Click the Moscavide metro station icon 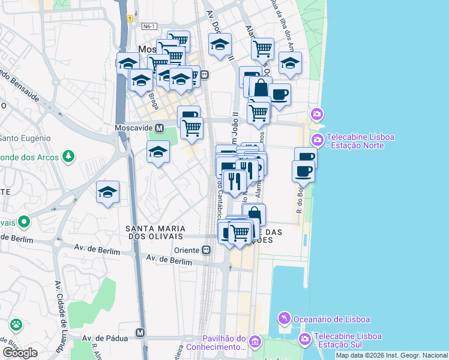(x=159, y=128)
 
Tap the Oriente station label (x=187, y=250)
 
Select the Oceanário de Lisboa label (x=331, y=319)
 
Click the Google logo (x=20, y=353)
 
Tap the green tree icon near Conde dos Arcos (x=69, y=157)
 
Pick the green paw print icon (x=16, y=326)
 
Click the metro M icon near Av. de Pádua (x=140, y=332)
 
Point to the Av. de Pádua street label (x=105, y=338)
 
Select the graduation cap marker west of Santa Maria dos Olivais (x=107, y=192)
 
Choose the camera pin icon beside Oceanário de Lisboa (x=284, y=318)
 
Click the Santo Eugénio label (x=25, y=138)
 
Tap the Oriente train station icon (x=206, y=250)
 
